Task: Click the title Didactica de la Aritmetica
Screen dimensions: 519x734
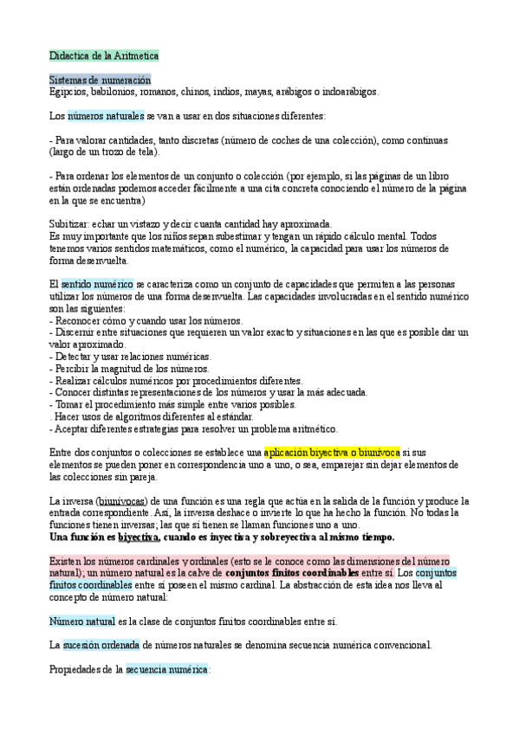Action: pyautogui.click(x=103, y=55)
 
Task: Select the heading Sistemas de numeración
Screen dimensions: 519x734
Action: pyautogui.click(x=100, y=80)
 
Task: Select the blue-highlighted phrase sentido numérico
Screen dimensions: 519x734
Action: pyautogui.click(x=96, y=284)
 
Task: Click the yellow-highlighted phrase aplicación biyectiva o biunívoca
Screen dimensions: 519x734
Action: pyautogui.click(x=331, y=452)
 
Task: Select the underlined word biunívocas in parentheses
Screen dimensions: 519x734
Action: pyautogui.click(x=123, y=500)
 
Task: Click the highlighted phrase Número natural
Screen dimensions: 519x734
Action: pyautogui.click(x=81, y=621)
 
